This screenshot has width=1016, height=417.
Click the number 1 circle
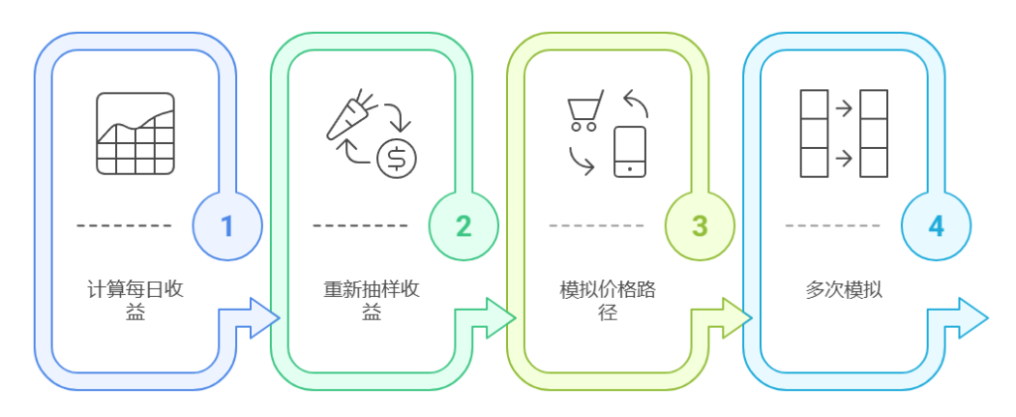click(x=226, y=225)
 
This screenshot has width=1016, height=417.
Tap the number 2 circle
click(x=463, y=225)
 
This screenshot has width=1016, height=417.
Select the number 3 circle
click(x=699, y=225)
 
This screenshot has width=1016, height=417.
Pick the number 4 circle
click(x=936, y=225)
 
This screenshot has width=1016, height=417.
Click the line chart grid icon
click(x=135, y=134)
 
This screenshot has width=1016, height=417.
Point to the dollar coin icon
click(x=397, y=157)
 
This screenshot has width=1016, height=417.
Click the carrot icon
click(x=349, y=116)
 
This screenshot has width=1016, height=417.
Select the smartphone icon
click(x=629, y=152)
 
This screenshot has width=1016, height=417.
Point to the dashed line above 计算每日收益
click(x=125, y=225)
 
